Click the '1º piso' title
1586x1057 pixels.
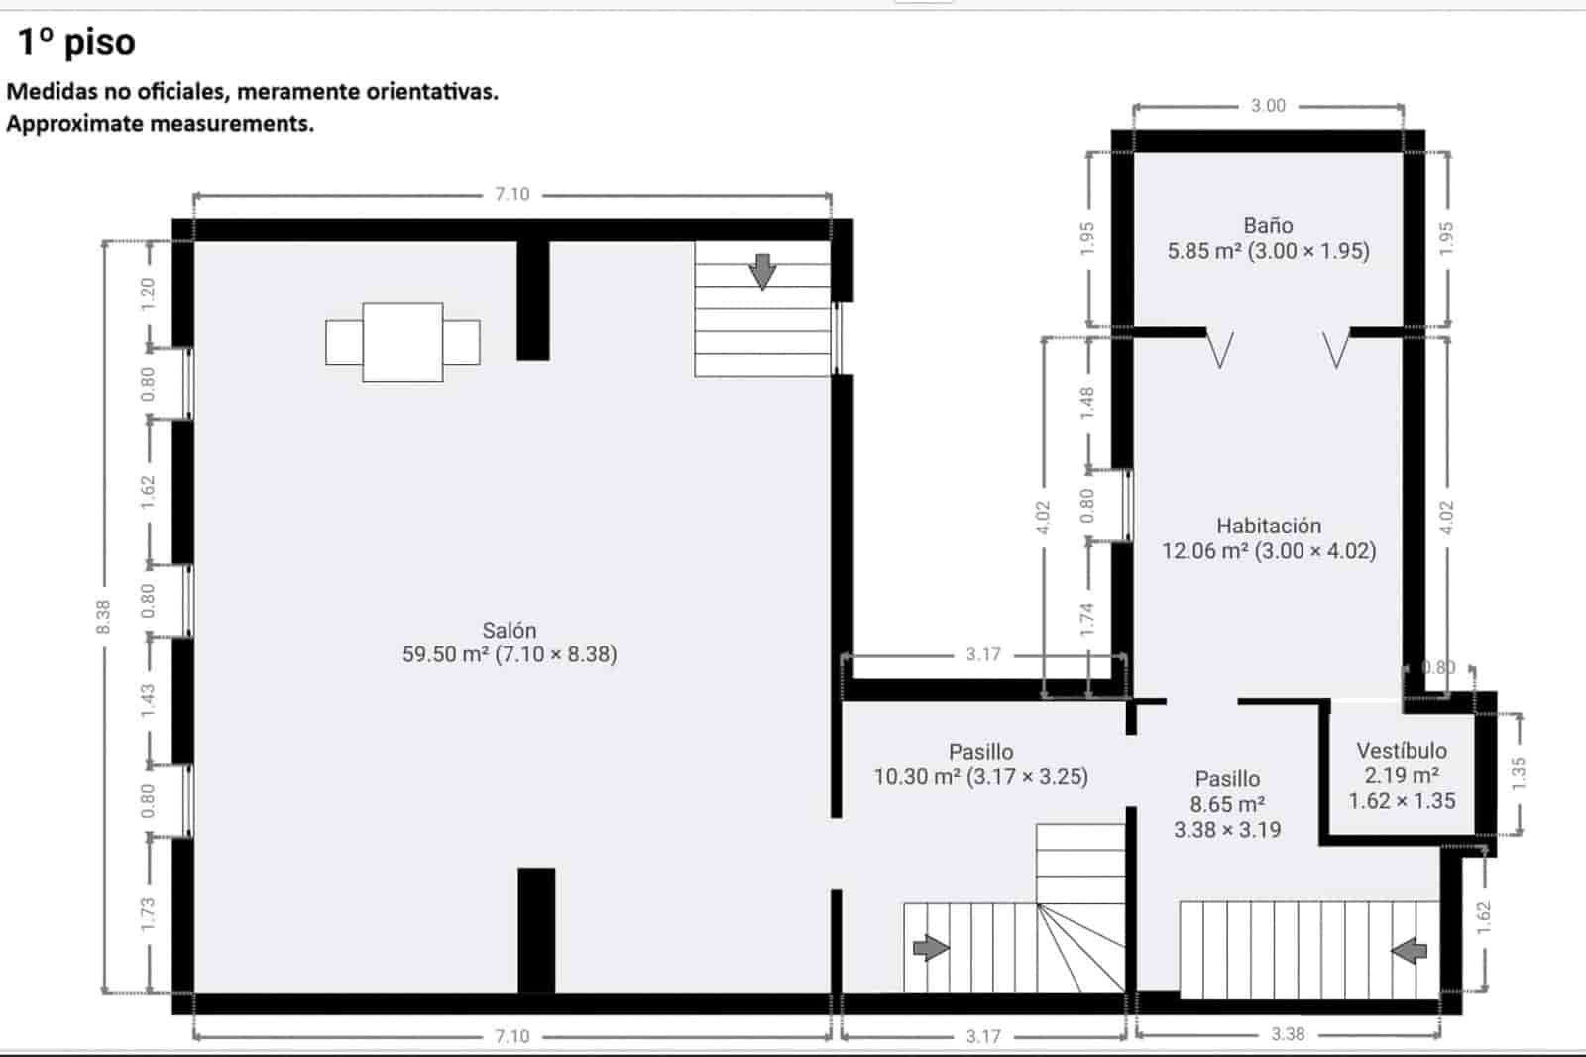76,42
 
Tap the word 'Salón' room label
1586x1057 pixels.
510,630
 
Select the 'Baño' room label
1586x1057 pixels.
1268,226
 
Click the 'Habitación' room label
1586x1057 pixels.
1269,526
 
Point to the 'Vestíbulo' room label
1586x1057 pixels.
1402,751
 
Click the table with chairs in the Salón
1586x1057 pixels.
402,342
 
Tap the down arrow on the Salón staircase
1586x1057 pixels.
762,271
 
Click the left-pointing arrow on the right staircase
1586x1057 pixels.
1409,951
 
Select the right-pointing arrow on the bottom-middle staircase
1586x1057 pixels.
930,948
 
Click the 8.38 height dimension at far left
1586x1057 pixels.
103,616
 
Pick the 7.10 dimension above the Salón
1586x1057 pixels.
512,195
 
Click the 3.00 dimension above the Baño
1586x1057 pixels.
1268,106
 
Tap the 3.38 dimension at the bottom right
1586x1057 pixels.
1288,1034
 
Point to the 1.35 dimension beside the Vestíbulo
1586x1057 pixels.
1518,772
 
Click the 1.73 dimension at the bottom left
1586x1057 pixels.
148,913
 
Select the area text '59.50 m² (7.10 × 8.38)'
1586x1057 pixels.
510,654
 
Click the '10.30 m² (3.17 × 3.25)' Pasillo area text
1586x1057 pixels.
980,777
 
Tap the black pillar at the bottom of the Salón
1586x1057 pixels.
536,929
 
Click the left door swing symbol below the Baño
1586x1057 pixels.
1220,349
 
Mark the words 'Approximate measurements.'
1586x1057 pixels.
161,124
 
